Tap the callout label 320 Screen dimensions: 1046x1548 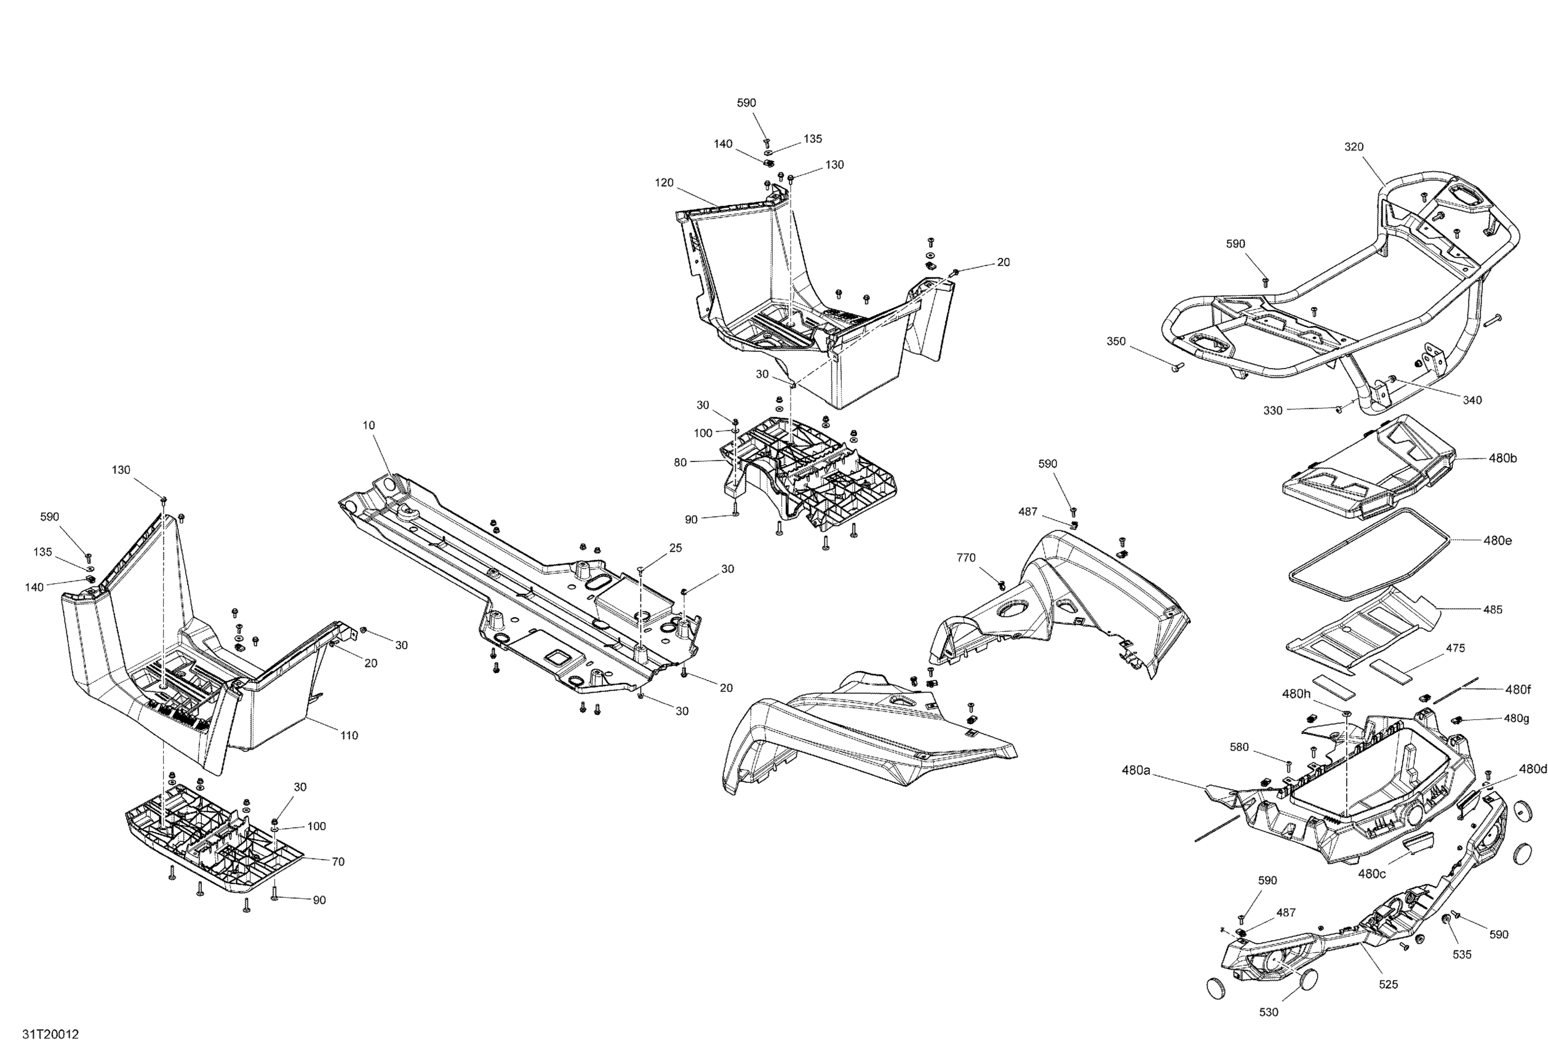[x=1354, y=146]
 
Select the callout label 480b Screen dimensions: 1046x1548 [x=1502, y=458]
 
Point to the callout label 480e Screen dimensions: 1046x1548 [x=1498, y=540]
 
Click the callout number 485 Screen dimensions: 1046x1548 [x=1493, y=609]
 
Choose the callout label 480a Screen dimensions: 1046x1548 [x=1136, y=770]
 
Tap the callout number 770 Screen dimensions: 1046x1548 [x=966, y=557]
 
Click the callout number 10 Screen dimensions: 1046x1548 [x=369, y=425]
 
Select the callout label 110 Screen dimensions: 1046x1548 [x=349, y=735]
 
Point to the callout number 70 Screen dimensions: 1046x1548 [x=338, y=861]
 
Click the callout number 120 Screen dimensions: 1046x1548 [x=664, y=183]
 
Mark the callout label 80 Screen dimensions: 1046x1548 [x=680, y=462]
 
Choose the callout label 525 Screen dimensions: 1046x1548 [x=1388, y=984]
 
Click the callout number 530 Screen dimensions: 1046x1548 [x=1269, y=1012]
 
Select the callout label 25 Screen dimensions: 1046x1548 [x=676, y=548]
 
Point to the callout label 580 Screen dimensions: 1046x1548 [x=1239, y=748]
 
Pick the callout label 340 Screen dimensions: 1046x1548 [x=1472, y=400]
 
